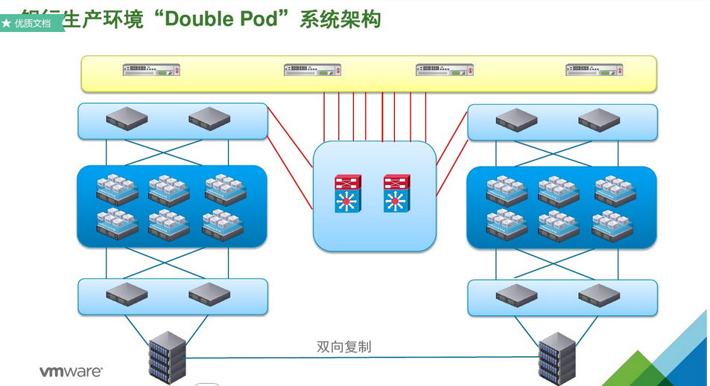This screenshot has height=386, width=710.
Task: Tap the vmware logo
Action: (71, 370)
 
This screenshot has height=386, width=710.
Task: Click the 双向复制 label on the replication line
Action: (343, 347)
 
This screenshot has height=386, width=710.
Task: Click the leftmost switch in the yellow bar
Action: (152, 70)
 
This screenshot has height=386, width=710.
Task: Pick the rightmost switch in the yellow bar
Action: (594, 70)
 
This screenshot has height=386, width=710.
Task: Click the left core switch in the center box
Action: (346, 193)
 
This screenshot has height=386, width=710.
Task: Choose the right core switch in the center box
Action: (396, 193)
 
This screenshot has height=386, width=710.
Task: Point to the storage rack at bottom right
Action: (557, 358)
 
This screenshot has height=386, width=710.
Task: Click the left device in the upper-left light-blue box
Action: (127, 119)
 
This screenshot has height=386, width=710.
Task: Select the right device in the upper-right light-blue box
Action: (599, 120)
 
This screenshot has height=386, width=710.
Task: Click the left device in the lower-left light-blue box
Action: (127, 295)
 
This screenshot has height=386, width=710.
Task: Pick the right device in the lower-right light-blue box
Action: (599, 295)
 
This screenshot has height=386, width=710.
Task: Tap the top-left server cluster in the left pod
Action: (118, 190)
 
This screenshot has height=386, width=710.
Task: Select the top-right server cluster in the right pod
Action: (615, 190)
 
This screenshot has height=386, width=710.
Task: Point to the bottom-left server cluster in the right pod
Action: (507, 225)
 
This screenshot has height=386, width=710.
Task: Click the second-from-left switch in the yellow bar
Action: (312, 70)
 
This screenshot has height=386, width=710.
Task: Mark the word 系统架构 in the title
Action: (340, 19)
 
